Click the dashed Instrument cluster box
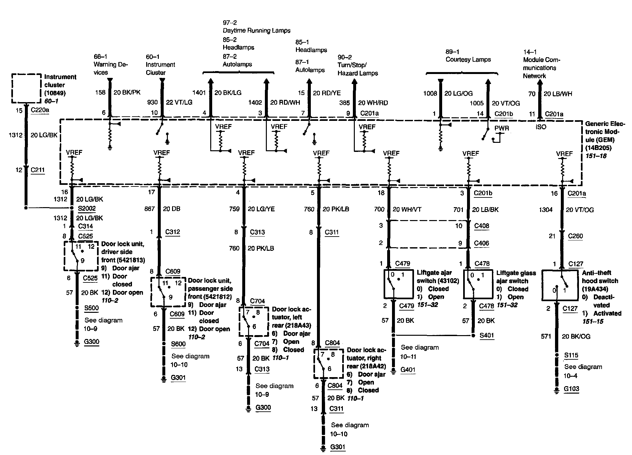point(26,89)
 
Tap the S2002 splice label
point(87,208)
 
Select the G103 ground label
point(572,389)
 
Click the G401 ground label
point(408,370)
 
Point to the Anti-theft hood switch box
point(560,285)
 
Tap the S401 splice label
point(487,335)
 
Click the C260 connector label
point(575,236)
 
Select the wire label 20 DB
point(171,209)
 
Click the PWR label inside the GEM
point(502,128)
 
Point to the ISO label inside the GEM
point(541,127)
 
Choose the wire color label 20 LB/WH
point(558,94)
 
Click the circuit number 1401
point(199,93)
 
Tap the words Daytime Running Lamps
point(256,31)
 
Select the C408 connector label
point(482,226)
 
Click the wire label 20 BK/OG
point(576,336)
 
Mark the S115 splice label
point(571,355)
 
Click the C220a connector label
point(40,111)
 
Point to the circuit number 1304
point(546,210)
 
